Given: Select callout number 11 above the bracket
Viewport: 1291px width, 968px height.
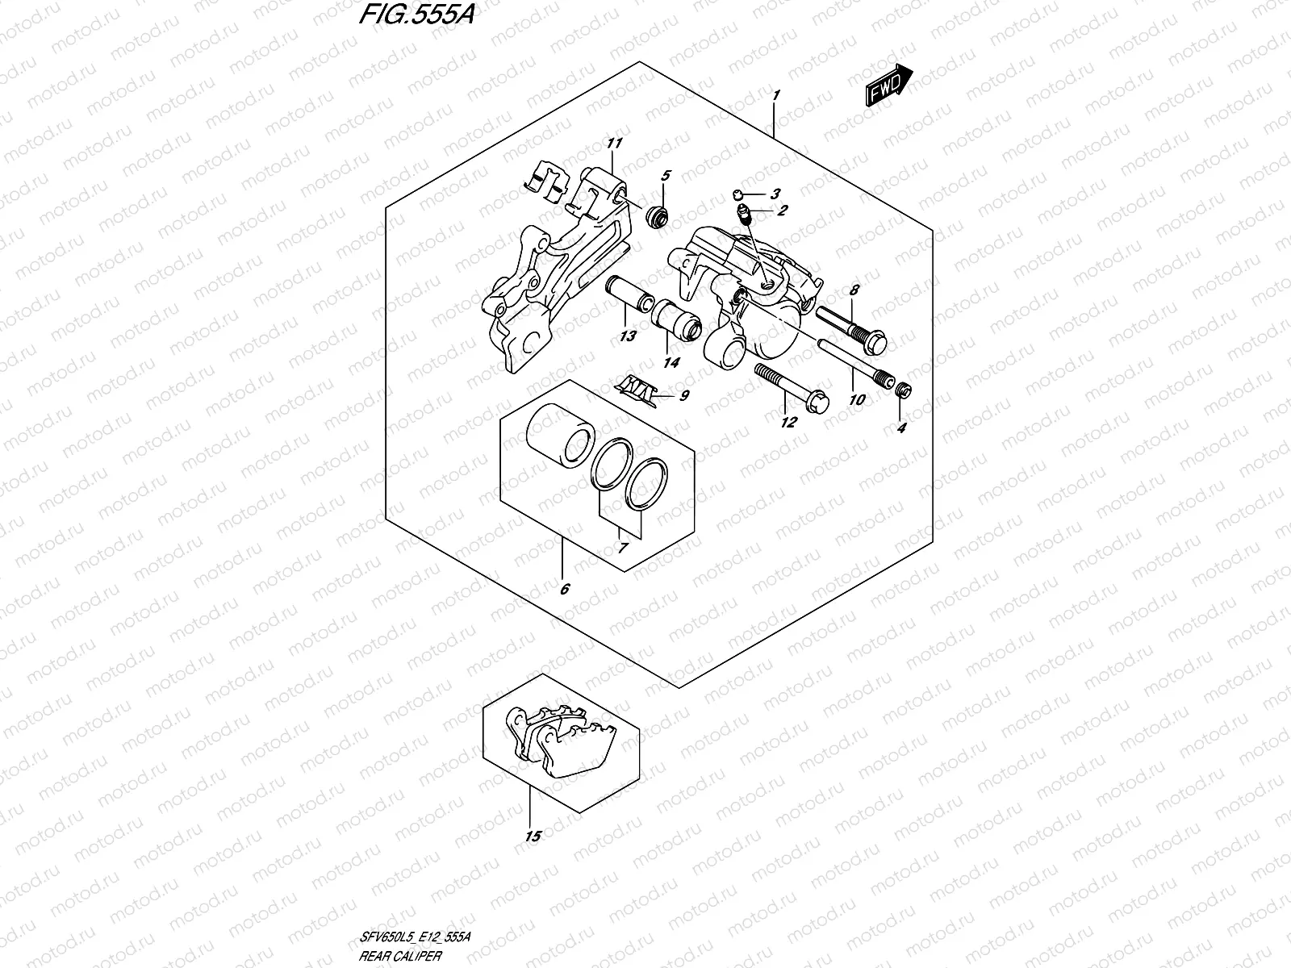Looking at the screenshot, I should click(615, 144).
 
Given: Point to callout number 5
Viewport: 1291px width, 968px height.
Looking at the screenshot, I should click(666, 176).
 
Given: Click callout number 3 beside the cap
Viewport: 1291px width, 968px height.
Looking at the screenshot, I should click(775, 194).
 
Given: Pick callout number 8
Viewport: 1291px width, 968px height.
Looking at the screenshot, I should click(854, 290).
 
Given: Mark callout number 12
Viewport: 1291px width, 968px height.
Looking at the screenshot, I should click(788, 422).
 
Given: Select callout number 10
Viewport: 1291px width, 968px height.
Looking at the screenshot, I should click(857, 399).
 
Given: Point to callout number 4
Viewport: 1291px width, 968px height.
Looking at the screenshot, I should click(902, 428).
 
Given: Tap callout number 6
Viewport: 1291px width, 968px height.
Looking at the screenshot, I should click(564, 589).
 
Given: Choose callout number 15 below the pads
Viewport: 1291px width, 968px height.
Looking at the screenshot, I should click(532, 837).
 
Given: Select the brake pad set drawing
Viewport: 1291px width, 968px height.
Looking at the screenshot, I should click(562, 739).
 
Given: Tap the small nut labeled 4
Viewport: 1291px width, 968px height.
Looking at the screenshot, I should click(904, 391).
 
